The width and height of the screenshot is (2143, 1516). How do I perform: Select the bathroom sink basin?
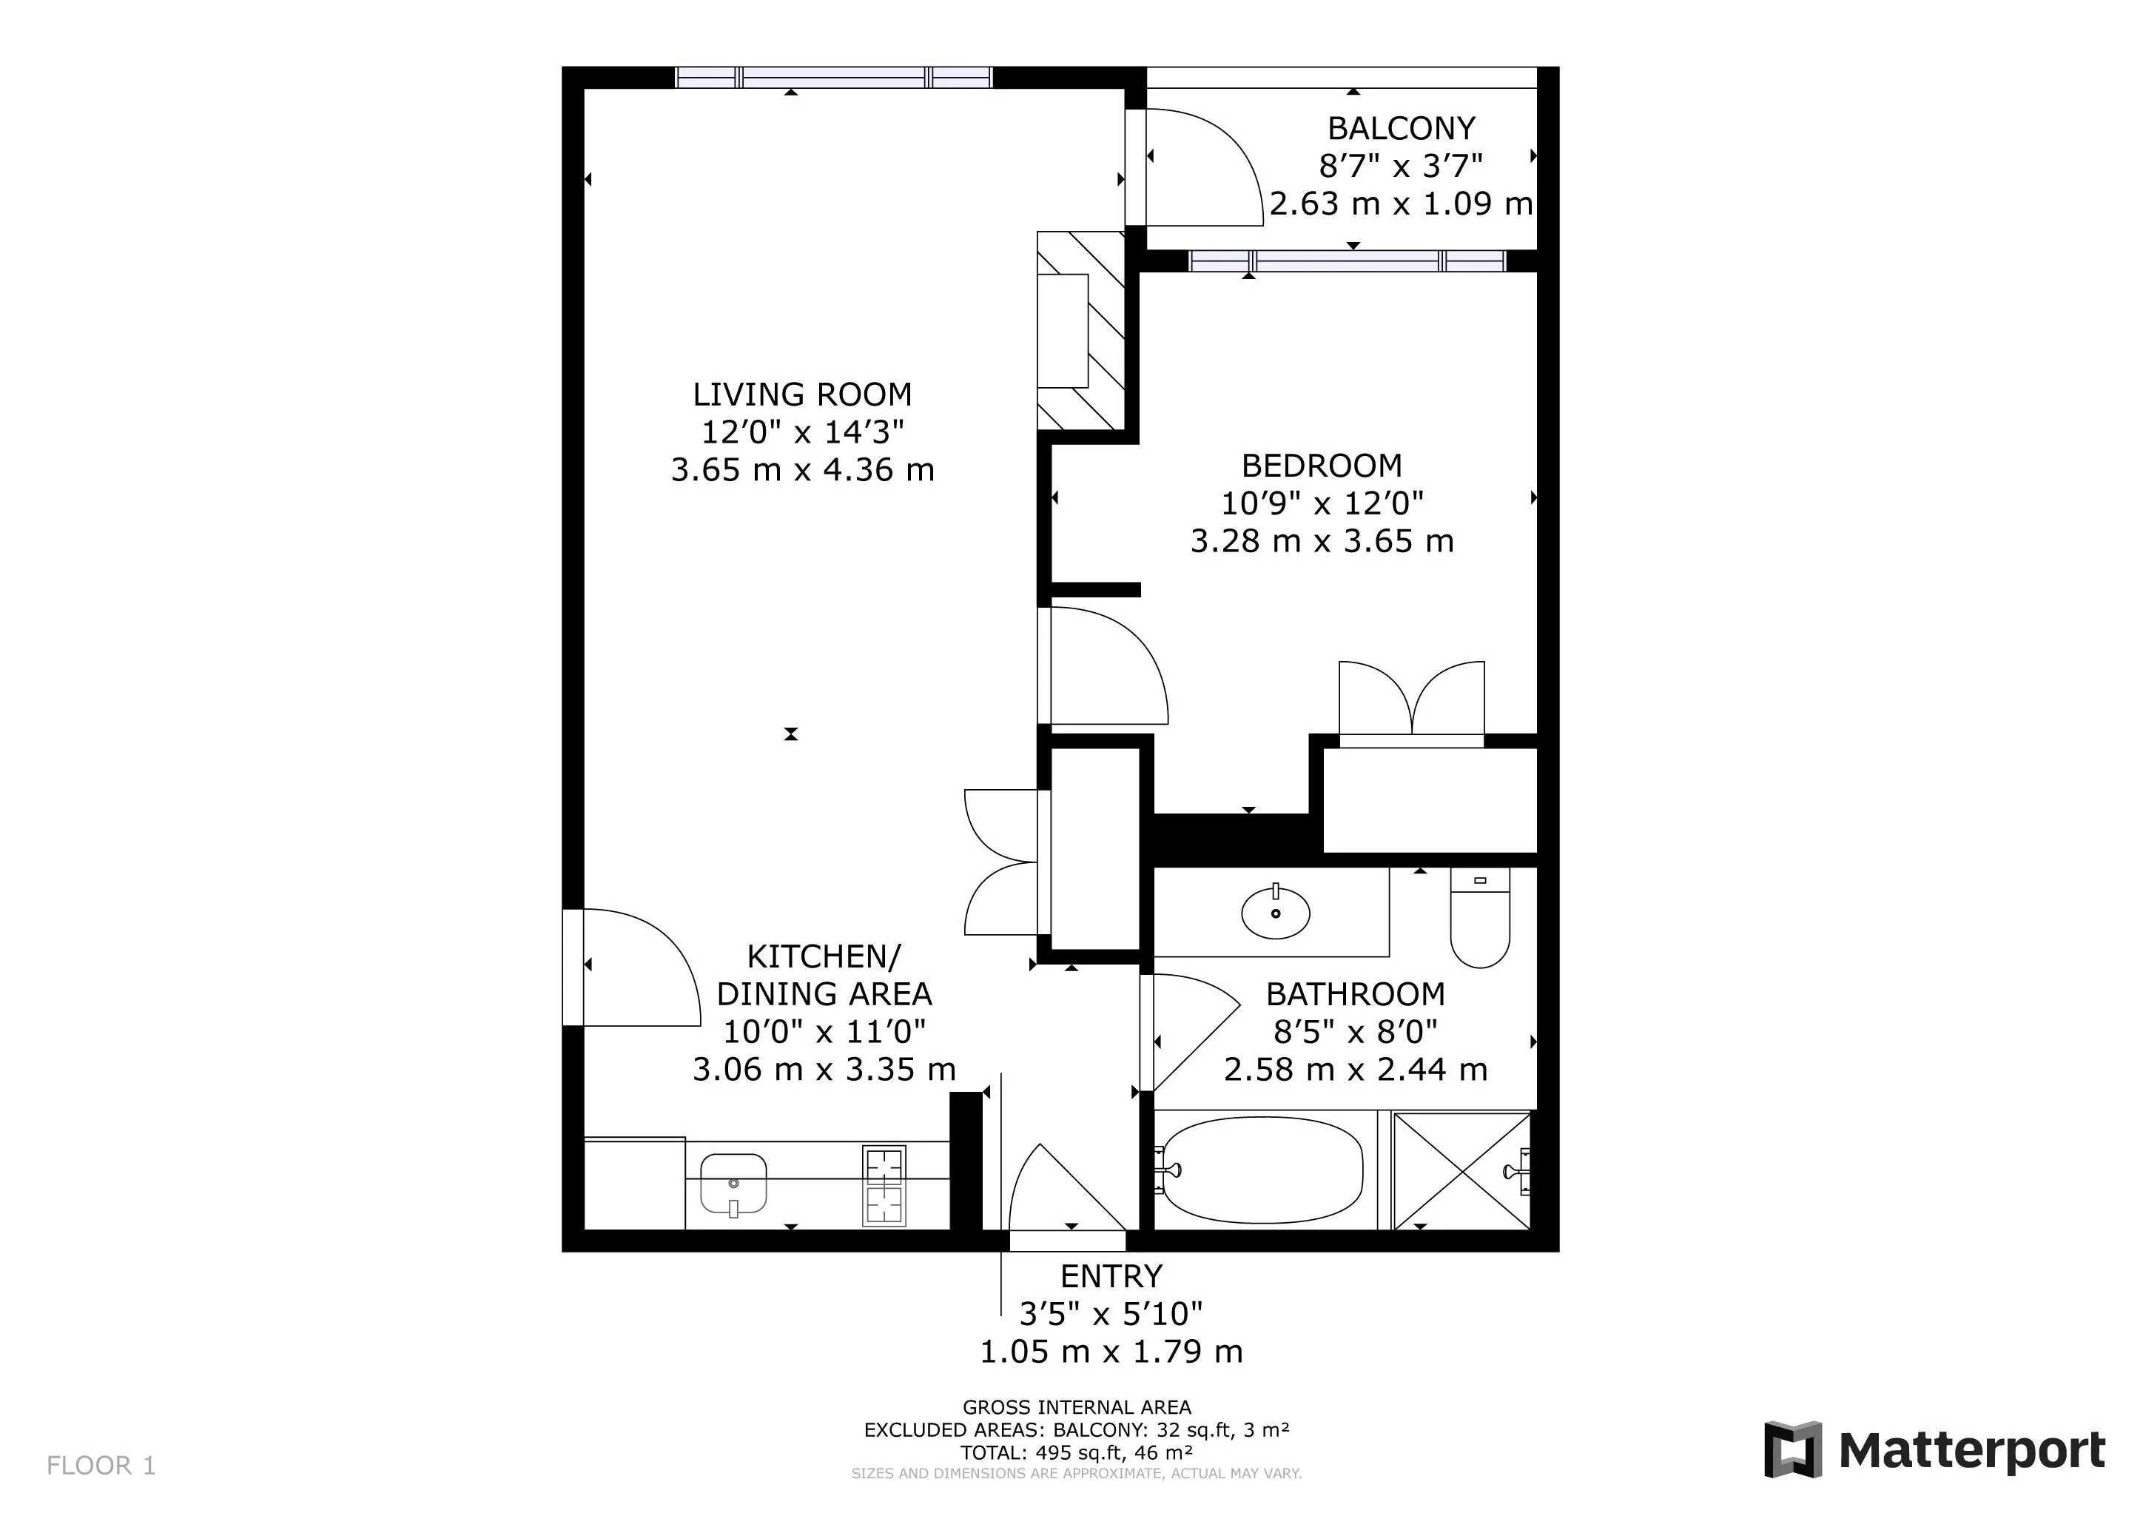tap(1275, 912)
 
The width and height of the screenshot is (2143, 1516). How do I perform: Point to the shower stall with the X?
tap(1461, 1170)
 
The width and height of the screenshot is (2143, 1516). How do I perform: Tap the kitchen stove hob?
tap(883, 1184)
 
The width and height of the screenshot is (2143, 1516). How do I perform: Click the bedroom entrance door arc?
tap(1106, 665)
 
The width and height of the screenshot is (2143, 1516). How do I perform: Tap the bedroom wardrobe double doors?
tap(1411, 700)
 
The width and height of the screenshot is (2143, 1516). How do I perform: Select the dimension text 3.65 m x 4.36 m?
tap(803, 469)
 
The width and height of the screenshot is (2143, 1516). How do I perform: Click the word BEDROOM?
tap(1322, 465)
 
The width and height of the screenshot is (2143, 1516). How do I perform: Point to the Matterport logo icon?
tap(1792, 1449)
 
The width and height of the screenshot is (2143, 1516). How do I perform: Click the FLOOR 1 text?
tap(101, 1465)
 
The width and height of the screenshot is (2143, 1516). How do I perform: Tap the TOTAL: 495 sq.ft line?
tap(1076, 1452)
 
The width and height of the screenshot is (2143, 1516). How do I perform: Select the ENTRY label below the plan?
tap(1111, 1276)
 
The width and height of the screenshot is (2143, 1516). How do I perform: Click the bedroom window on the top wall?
tap(1347, 261)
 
